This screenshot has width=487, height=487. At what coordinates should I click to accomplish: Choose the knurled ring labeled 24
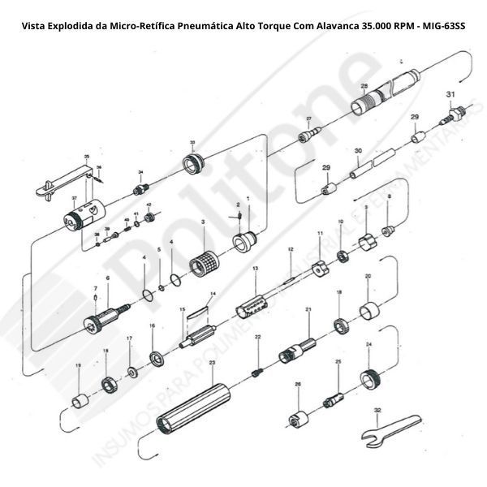372,377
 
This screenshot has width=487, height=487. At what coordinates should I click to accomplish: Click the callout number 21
308,310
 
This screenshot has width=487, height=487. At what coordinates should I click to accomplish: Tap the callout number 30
358,151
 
